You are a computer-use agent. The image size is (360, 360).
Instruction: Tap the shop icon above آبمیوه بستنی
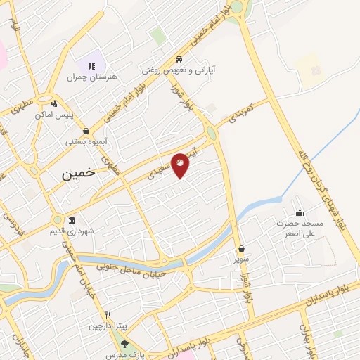tap(86, 131)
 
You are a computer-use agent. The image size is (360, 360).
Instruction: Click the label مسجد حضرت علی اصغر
tap(300, 229)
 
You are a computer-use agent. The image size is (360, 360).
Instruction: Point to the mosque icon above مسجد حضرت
tap(300, 213)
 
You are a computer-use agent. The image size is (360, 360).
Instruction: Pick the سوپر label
tap(242, 259)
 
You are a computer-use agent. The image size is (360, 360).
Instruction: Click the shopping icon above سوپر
tap(242, 248)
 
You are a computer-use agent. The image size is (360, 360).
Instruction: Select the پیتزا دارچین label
tap(108, 326)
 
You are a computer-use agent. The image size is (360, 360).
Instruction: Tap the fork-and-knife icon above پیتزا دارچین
tap(108, 315)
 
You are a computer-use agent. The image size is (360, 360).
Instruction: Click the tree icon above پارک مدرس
tap(125, 344)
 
